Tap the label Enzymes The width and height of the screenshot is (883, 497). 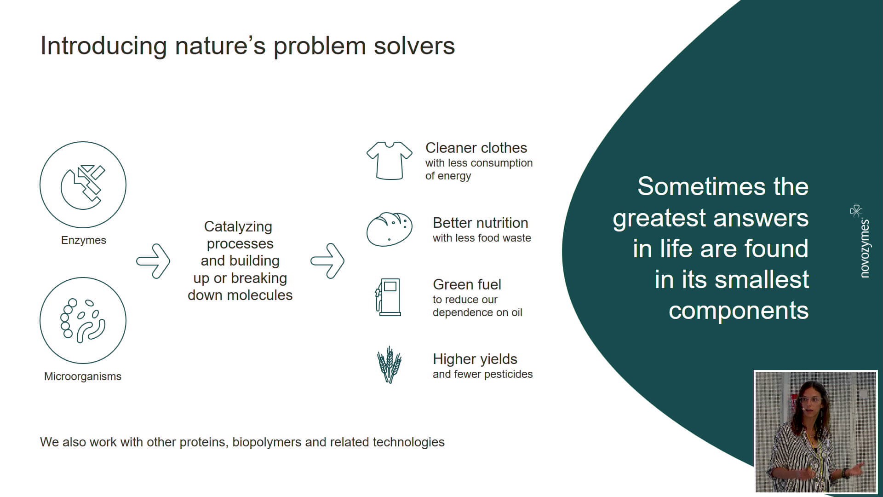[x=84, y=240]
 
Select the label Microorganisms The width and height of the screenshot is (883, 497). [x=83, y=376]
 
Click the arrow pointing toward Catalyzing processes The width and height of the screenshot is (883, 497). [x=153, y=261]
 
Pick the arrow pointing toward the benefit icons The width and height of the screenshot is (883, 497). [x=327, y=261]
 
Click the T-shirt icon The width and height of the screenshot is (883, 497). [x=390, y=161]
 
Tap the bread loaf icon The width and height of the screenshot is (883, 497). [x=390, y=229]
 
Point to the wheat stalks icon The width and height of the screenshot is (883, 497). [x=390, y=365]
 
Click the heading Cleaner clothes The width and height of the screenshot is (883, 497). [x=476, y=148]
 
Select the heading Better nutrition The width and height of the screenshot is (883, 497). [x=480, y=223]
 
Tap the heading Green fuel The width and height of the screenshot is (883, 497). [x=467, y=284]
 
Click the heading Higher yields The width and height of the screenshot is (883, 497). [x=475, y=359]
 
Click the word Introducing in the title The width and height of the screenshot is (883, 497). [x=103, y=46]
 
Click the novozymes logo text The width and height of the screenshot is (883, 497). [x=865, y=248]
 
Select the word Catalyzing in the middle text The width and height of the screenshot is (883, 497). [x=238, y=227]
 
